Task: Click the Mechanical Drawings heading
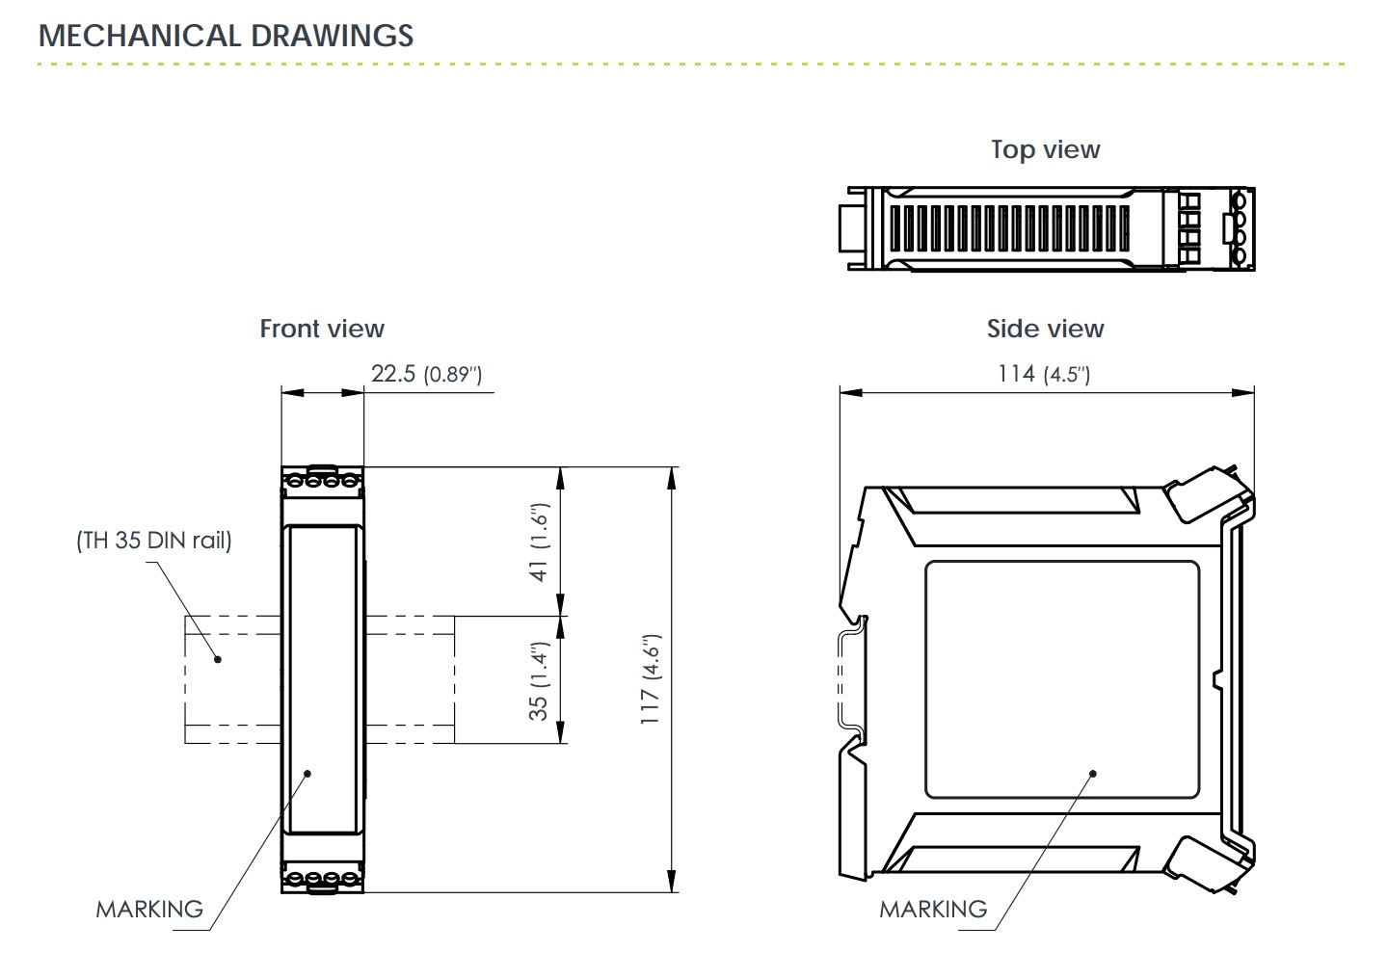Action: click(226, 36)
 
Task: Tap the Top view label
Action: click(1045, 150)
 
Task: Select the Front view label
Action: click(322, 329)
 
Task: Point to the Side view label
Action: click(1045, 329)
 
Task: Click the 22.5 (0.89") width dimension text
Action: click(426, 374)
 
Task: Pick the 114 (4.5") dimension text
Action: click(1044, 374)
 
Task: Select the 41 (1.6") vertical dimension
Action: click(539, 542)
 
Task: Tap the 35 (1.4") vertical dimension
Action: click(539, 681)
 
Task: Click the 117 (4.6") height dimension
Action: click(651, 679)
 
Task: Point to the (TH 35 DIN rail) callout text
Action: click(153, 541)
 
